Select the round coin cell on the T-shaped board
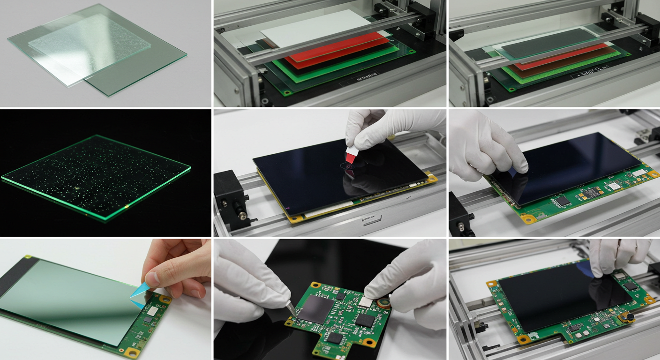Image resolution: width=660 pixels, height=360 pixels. (x=385, y=302)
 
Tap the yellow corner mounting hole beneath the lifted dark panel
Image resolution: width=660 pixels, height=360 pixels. (x=529, y=218)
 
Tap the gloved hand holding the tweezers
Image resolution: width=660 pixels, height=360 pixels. (x=248, y=281)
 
